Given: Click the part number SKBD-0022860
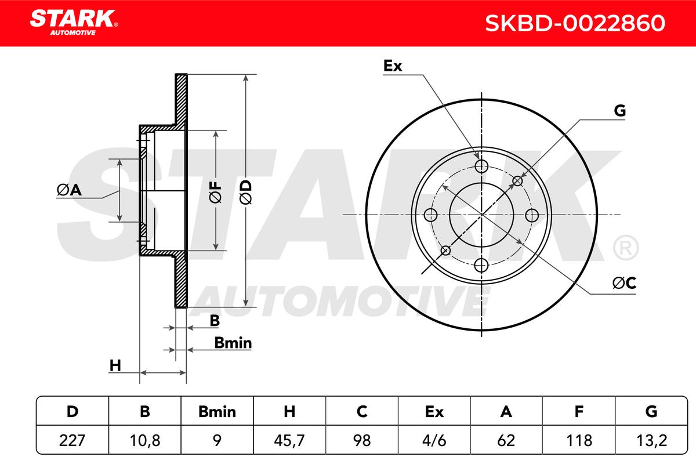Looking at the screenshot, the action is pos(575,23).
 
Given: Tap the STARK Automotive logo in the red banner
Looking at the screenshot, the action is pos(74,23).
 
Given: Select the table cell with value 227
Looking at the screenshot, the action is pos(72,440).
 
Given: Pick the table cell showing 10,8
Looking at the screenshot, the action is pos(145,440).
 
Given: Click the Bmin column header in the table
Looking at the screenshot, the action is pos(217,412).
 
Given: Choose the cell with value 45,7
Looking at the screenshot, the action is pos(289,440).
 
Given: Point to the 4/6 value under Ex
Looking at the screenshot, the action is pos(434,440).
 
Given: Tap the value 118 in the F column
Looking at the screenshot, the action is pos(579,440).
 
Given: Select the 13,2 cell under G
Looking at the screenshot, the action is pos(651,440).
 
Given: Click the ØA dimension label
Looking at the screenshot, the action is pos(69,190).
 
